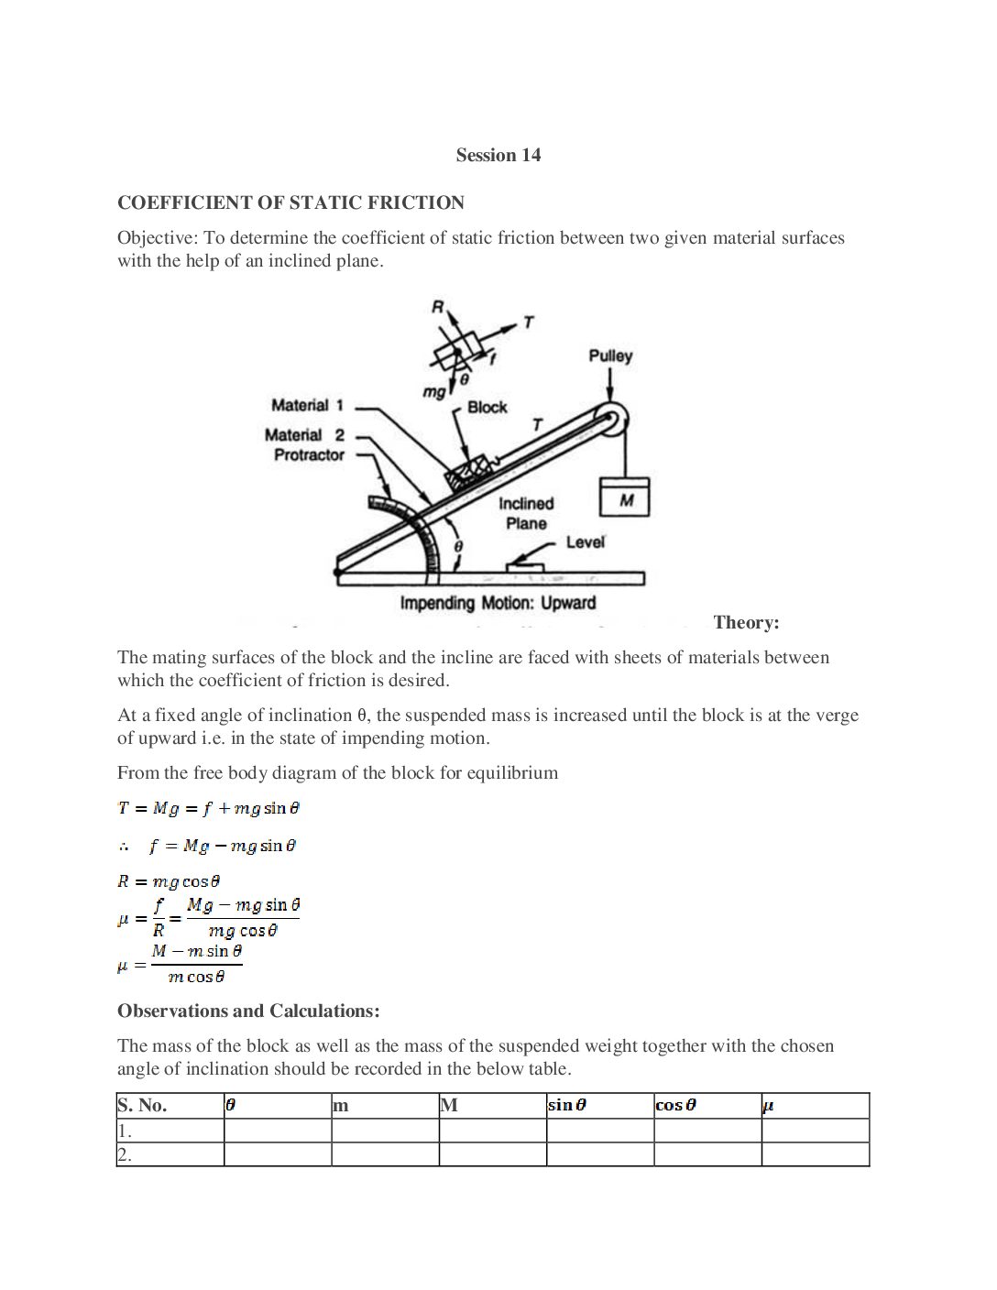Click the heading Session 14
click(x=498, y=155)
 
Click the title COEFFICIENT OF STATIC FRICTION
click(x=290, y=202)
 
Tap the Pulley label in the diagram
click(x=610, y=355)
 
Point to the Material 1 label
click(x=307, y=405)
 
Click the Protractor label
click(x=309, y=454)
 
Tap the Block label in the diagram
click(x=487, y=407)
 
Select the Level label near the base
click(x=585, y=541)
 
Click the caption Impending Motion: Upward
click(x=498, y=603)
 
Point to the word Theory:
click(x=746, y=623)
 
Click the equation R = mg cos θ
click(x=169, y=881)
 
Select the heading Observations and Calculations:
click(x=248, y=1011)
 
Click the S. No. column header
click(x=142, y=1105)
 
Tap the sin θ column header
click(x=566, y=1105)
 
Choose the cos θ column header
click(x=675, y=1105)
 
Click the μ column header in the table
click(x=768, y=1106)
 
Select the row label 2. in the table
click(x=125, y=1154)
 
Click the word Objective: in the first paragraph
click(x=157, y=238)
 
